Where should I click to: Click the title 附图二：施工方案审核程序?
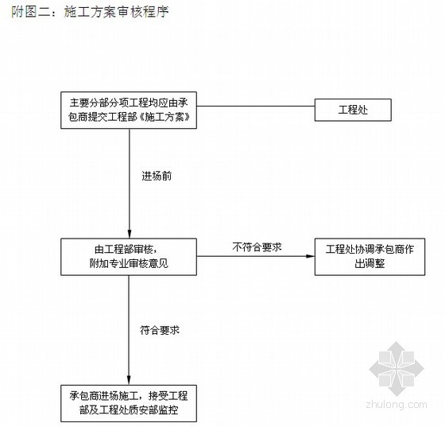(91, 12)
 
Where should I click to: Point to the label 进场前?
(157, 176)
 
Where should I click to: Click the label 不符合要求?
(257, 247)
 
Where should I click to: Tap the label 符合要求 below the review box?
(160, 330)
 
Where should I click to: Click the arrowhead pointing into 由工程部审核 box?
(129, 234)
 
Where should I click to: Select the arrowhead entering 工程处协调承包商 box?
(310, 256)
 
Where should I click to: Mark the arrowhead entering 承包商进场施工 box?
(129, 380)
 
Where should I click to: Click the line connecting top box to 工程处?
(256, 107)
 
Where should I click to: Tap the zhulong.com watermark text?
(397, 404)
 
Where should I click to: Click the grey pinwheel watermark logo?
(397, 369)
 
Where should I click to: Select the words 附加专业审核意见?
(129, 264)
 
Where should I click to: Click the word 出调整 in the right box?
(370, 264)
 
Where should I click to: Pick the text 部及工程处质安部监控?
(129, 410)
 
